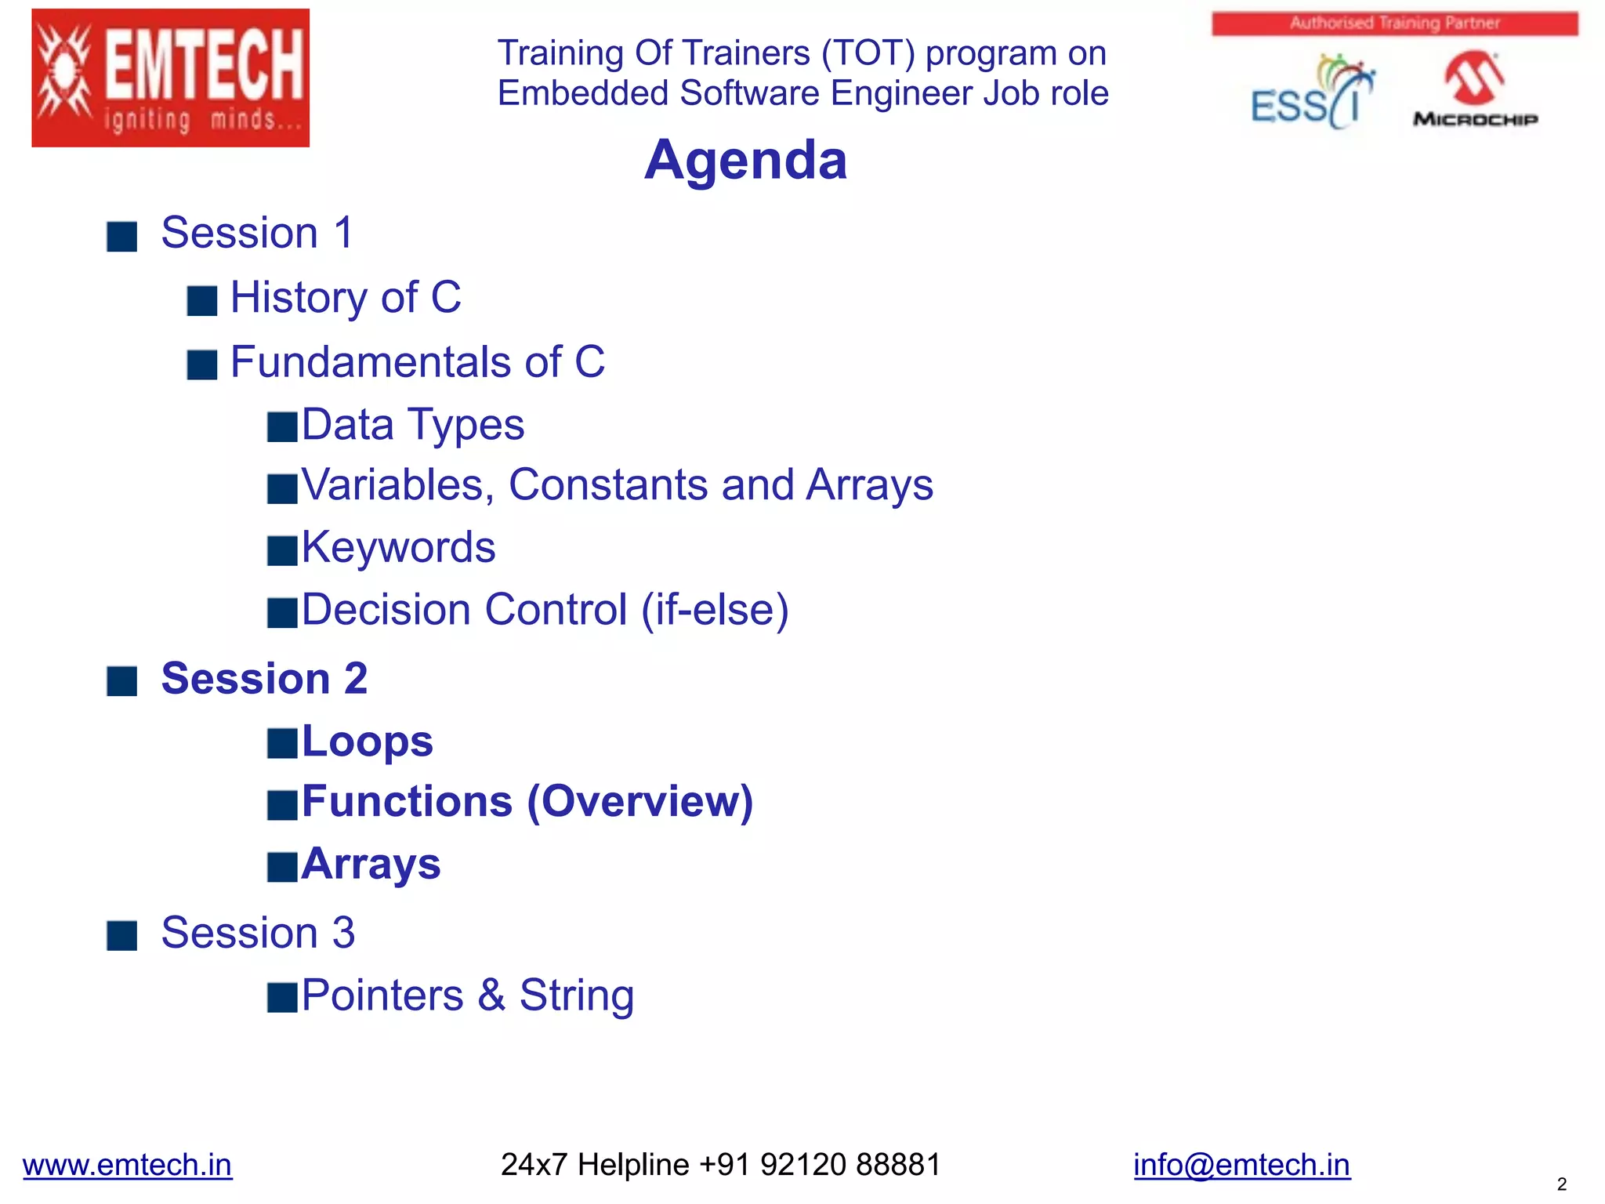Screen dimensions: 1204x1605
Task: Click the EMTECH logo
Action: tap(170, 78)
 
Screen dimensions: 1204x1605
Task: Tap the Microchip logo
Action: tap(1474, 89)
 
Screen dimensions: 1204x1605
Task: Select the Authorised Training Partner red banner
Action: tap(1394, 24)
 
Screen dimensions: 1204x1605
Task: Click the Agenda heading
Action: tap(745, 160)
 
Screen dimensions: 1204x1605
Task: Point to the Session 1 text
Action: tap(257, 233)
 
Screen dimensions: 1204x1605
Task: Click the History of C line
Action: tap(346, 298)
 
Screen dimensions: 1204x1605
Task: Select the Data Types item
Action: tap(413, 425)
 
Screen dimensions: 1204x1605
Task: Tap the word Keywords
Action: tap(398, 547)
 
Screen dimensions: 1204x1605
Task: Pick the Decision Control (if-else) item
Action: tap(545, 610)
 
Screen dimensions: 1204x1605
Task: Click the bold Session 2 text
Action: tap(264, 679)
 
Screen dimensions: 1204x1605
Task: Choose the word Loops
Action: tap(367, 742)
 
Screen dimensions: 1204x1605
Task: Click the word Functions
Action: tap(407, 802)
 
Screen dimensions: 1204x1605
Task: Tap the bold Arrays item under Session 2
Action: tap(371, 865)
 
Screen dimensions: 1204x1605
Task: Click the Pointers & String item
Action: tap(467, 995)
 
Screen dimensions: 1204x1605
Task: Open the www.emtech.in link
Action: tap(127, 1165)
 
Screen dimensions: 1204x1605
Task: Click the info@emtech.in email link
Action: tap(1241, 1165)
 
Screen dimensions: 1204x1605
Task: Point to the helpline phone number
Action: tap(819, 1165)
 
